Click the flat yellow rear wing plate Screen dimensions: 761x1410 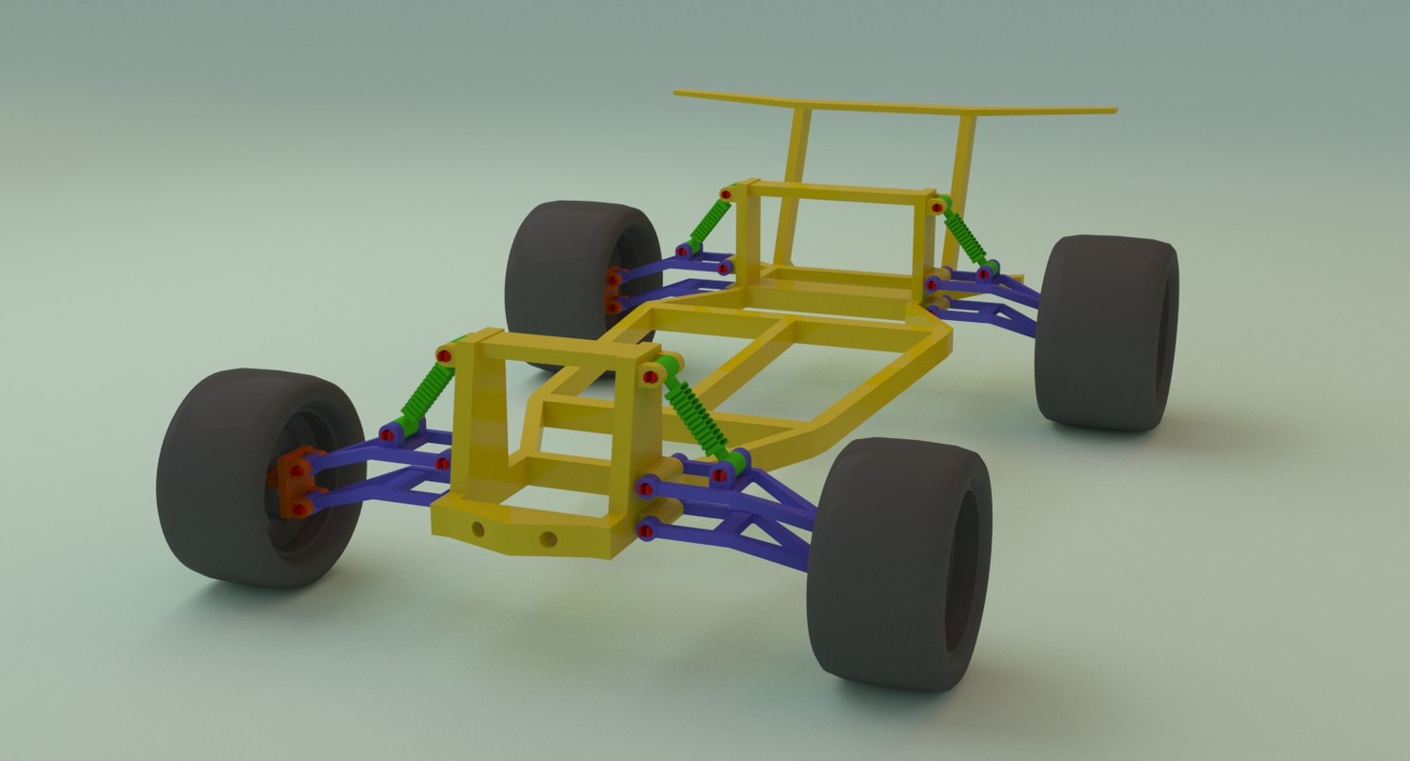[896, 103]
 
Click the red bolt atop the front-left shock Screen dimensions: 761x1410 [444, 355]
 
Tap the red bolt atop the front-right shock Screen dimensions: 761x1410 [650, 377]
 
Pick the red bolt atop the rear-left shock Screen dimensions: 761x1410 [726, 194]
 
